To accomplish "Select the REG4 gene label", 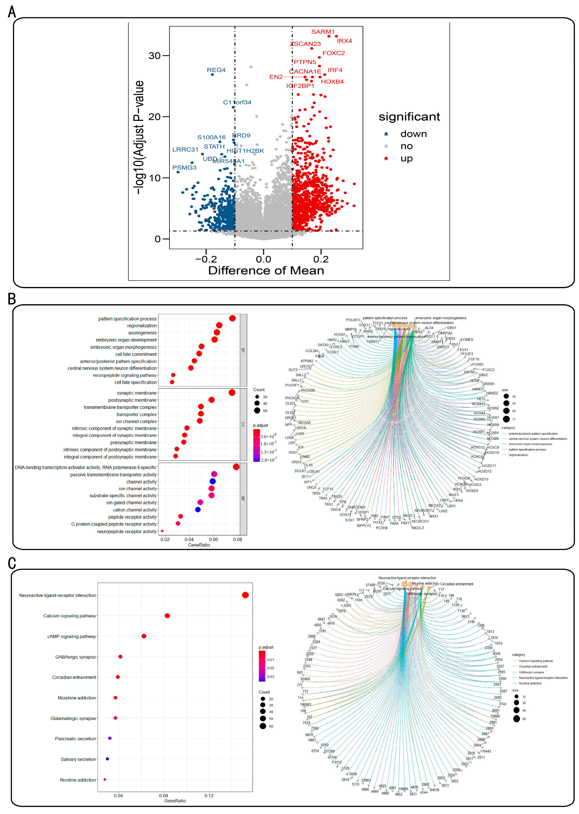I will [x=216, y=70].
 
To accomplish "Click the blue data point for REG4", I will [x=212, y=74].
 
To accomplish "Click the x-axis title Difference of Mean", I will [x=266, y=270].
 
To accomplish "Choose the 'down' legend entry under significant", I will [x=413, y=134].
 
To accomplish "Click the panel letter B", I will [x=12, y=299].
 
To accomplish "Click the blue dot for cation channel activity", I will [x=198, y=510].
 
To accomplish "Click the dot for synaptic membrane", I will [x=232, y=392].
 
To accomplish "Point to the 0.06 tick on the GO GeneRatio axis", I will [x=213, y=539].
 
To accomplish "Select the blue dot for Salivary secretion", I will [x=107, y=759].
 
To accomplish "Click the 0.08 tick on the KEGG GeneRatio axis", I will [x=164, y=795].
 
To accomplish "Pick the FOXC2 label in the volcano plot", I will [x=333, y=53].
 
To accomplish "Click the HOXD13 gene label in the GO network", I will [x=481, y=479].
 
